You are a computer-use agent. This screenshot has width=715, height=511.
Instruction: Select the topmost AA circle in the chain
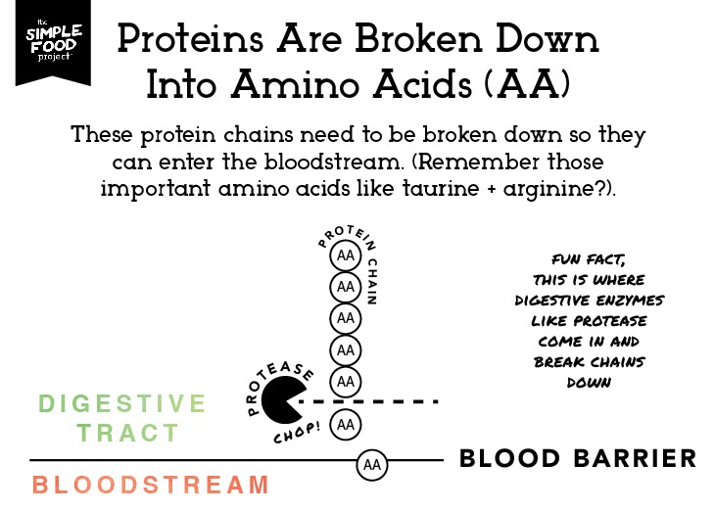pos(345,255)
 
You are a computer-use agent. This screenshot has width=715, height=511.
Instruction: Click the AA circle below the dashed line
pos(345,425)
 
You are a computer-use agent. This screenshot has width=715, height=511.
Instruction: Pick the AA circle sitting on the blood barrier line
pos(371,465)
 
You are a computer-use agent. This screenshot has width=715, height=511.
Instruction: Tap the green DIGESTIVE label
pos(122,403)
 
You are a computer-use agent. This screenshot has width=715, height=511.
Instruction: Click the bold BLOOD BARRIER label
pos(578,458)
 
